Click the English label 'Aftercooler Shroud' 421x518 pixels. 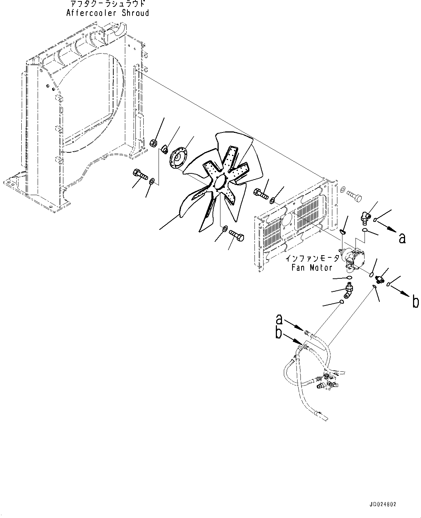[108, 13]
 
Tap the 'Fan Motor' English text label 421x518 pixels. [312, 268]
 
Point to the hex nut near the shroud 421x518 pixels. [153, 143]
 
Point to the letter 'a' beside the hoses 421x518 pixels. [279, 319]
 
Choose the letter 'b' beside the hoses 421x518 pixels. [278, 333]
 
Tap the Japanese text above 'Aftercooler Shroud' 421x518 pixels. [108, 4]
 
